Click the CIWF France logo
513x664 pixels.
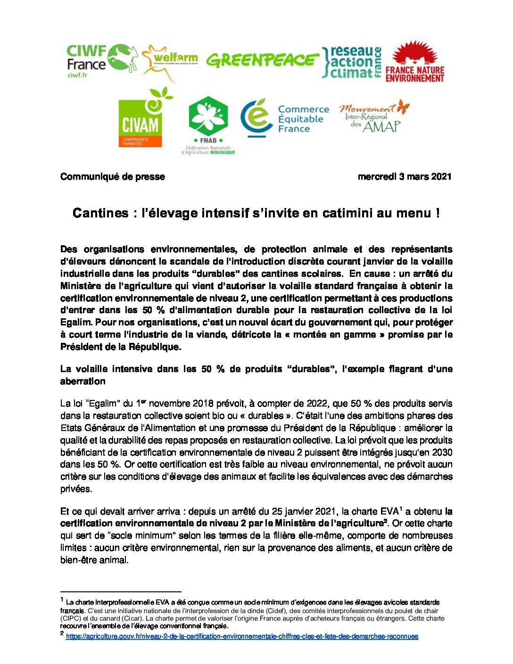coord(101,60)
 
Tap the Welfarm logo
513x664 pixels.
coord(170,61)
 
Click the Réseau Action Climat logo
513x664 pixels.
coord(352,62)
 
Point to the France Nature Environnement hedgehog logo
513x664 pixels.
coord(415,62)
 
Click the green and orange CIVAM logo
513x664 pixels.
coord(141,120)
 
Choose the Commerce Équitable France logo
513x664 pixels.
coord(285,118)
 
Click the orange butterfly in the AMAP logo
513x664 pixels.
coord(403,107)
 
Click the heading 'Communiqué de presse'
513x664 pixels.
coord(113,177)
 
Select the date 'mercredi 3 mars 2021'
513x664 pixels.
coord(405,177)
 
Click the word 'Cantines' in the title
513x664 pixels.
coord(100,213)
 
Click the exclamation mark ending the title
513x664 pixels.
coord(438,213)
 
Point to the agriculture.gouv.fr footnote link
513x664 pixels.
coord(242,637)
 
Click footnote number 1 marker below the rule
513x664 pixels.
coord(62,600)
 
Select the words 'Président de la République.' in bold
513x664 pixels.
coord(121,347)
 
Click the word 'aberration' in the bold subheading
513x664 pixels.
coord(83,382)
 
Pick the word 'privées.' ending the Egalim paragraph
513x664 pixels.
coord(76,489)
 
